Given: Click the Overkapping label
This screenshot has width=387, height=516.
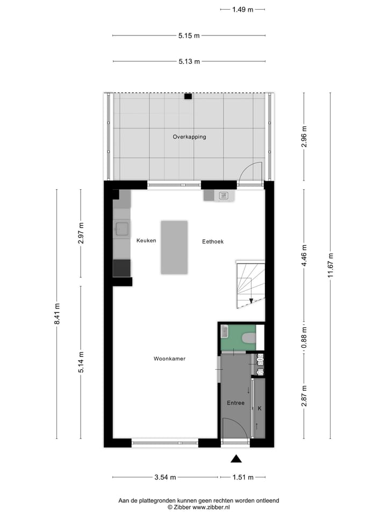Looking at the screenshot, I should (x=189, y=137).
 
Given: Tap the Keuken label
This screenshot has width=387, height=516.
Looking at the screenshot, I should (x=146, y=241).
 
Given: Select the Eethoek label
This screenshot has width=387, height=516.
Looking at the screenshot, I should (x=213, y=242).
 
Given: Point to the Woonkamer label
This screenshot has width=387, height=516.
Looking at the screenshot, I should (x=169, y=359).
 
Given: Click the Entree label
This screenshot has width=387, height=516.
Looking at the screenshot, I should (x=235, y=403).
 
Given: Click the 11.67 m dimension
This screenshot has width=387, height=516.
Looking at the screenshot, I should (x=331, y=266).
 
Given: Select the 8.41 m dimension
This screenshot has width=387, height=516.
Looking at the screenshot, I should (x=57, y=314).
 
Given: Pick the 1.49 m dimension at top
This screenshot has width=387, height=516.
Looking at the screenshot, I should (x=243, y=9).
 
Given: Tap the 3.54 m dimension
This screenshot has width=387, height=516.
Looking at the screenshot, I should (x=165, y=477).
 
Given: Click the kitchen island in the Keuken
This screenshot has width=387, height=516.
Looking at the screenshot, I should (x=174, y=247).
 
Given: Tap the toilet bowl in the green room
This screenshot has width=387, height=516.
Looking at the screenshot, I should (x=248, y=338).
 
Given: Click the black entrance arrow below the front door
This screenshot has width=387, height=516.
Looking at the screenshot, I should (x=236, y=458).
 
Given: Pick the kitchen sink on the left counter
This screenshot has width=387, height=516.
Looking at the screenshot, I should (x=121, y=229).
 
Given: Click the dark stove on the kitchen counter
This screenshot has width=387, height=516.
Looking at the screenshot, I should (x=121, y=268).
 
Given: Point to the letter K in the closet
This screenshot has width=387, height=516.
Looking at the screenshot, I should (x=260, y=409).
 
